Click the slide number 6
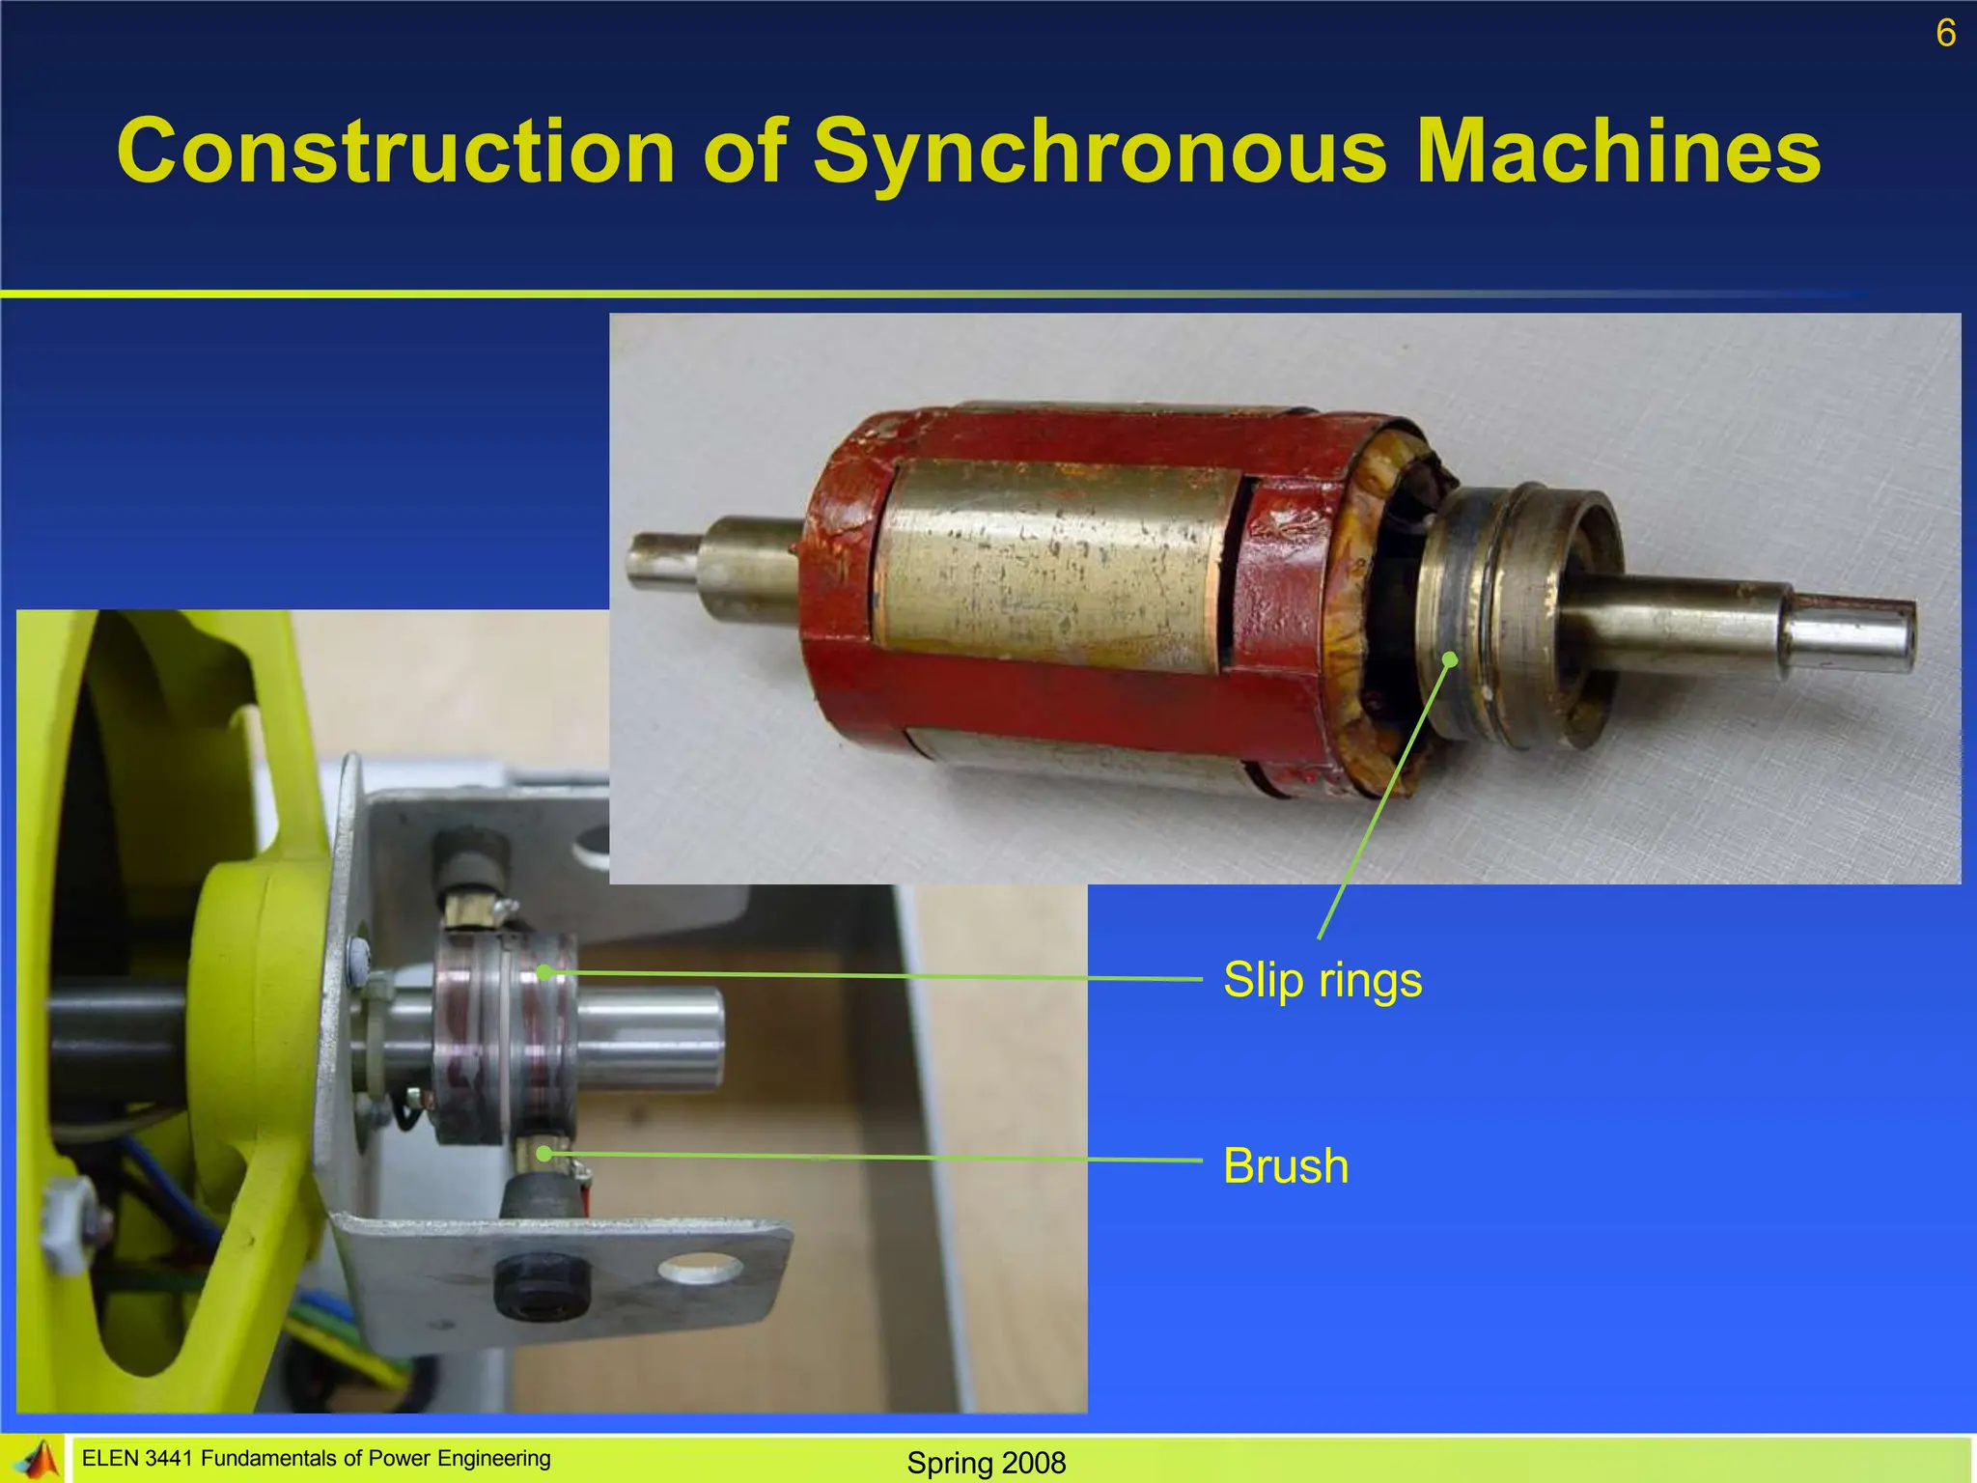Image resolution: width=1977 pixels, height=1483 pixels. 1945,34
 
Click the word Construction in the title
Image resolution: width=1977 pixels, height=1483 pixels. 396,152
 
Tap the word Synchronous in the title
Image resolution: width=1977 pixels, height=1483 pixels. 1100,152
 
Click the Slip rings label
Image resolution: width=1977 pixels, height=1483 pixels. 1322,980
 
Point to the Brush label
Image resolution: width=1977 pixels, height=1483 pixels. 1285,1166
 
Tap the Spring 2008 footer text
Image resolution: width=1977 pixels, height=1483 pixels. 986,1463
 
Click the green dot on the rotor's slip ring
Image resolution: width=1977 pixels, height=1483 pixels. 1450,659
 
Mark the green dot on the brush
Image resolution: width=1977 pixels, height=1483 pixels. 544,1153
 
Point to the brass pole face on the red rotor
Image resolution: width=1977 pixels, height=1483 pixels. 1052,565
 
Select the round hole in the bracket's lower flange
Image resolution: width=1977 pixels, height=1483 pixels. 702,1269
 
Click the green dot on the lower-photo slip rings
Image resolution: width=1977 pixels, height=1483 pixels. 544,972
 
